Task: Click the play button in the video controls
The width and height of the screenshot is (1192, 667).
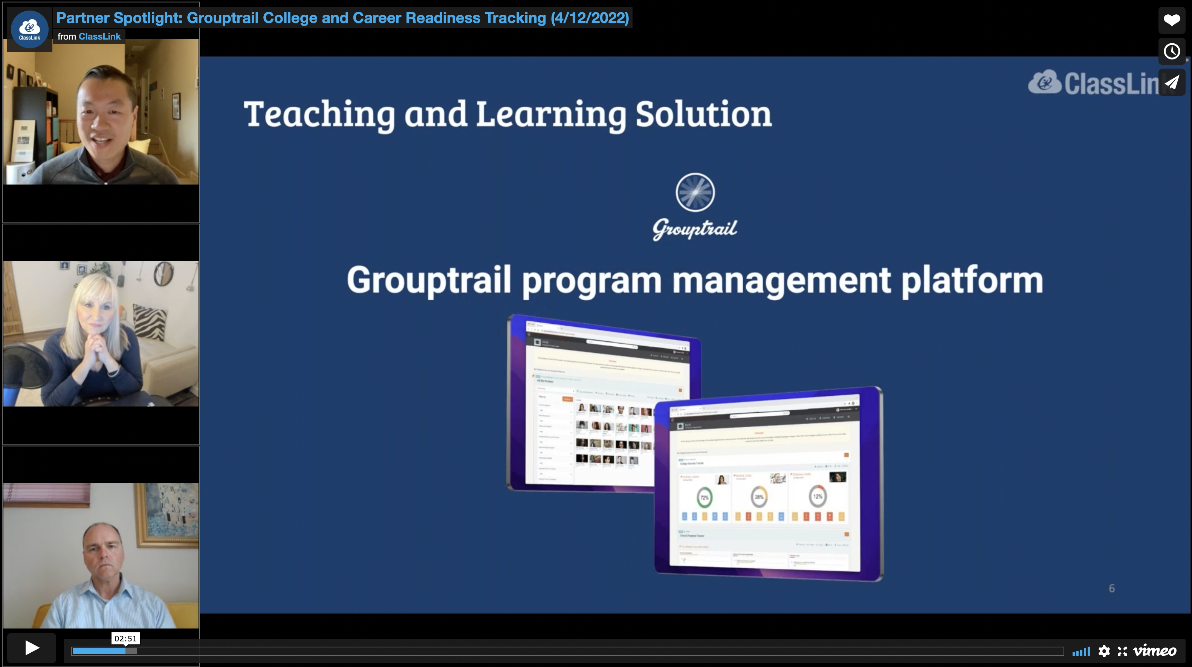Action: point(32,647)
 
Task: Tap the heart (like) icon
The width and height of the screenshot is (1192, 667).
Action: point(1172,20)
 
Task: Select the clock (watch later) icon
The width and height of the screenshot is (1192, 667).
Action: point(1172,51)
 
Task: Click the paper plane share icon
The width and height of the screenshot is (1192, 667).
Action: point(1172,83)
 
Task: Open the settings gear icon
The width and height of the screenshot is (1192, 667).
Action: point(1104,651)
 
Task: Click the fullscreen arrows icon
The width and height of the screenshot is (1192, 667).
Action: point(1122,651)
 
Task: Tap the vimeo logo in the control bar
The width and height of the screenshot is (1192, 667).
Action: point(1155,651)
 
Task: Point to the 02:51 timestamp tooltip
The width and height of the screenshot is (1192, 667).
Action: point(125,638)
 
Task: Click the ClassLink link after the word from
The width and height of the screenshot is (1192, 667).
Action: point(99,37)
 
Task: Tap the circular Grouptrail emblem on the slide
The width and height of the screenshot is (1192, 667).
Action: point(695,193)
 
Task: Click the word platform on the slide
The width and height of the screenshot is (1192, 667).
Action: point(972,280)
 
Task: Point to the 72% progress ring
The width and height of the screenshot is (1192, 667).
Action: point(704,497)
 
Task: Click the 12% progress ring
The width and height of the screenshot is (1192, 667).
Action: point(818,496)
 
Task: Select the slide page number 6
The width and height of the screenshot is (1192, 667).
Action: point(1111,588)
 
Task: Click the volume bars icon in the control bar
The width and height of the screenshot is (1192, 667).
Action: point(1081,651)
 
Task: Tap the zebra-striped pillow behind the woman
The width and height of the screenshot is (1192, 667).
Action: point(150,321)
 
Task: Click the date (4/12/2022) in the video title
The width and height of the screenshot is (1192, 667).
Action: point(590,18)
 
